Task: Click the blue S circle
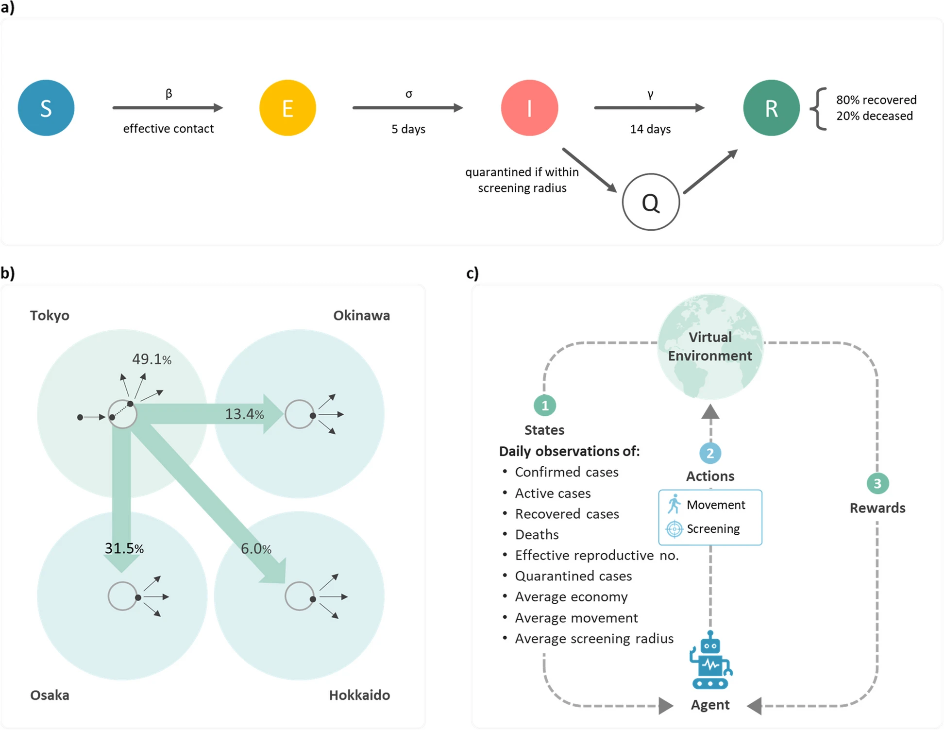tap(46, 108)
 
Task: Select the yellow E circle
tap(287, 108)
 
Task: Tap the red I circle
tap(529, 108)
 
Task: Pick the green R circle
tap(771, 108)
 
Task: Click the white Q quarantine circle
tap(651, 202)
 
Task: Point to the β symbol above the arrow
tap(169, 93)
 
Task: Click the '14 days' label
tap(650, 129)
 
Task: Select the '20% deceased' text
tap(874, 116)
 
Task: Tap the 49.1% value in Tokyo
tap(152, 359)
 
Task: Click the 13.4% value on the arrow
tap(244, 414)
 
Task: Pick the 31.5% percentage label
tap(124, 548)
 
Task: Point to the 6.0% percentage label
tap(256, 549)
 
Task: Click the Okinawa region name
tap(361, 316)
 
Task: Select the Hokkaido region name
tap(359, 695)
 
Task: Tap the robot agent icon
tap(710, 661)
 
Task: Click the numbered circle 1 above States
tap(545, 406)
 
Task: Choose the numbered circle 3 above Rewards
tap(877, 484)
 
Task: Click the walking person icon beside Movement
tap(674, 504)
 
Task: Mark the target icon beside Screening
tap(674, 529)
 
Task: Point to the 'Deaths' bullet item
tap(537, 535)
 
